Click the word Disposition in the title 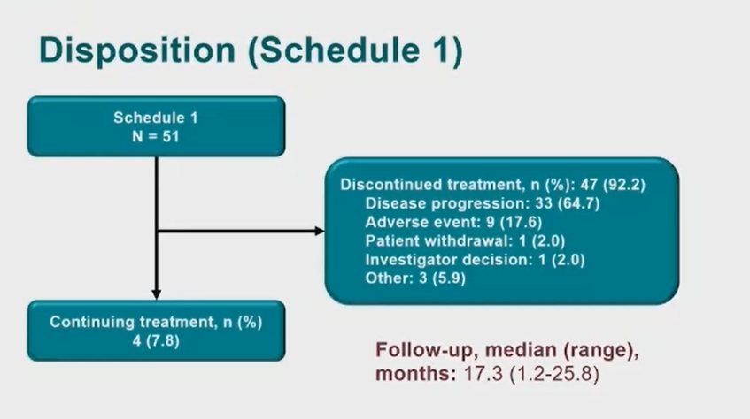[137, 51]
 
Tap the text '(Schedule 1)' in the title [355, 51]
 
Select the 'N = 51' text [156, 137]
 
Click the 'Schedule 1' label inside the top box [156, 118]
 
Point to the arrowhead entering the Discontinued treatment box [320, 232]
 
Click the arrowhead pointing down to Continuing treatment [156, 294]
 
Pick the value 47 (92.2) [613, 185]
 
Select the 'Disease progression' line [482, 203]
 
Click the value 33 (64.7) [568, 203]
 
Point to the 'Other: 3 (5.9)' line [415, 278]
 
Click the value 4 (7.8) [156, 341]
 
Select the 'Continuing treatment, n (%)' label [156, 322]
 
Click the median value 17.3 [483, 374]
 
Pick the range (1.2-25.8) [554, 374]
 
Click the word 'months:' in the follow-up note [415, 374]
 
